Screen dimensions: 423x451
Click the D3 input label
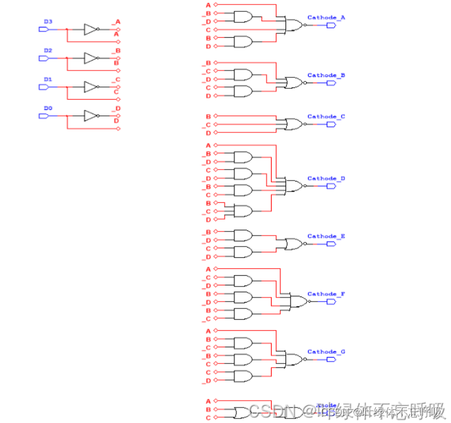pos(48,22)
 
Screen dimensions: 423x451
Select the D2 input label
pos(48,50)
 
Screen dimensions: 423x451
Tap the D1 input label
pos(48,79)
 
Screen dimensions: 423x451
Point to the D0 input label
pos(48,108)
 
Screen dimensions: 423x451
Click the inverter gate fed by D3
pos(91,29)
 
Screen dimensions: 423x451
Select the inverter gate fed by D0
pos(91,116)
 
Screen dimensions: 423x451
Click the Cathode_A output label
pos(326,18)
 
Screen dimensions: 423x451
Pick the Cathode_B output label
pos(326,75)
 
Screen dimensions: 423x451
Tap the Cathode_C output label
pos(326,116)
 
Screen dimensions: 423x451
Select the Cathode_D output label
pos(326,178)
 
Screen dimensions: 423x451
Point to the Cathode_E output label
pos(326,236)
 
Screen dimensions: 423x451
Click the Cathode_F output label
pos(326,294)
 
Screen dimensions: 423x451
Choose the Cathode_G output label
pos(326,352)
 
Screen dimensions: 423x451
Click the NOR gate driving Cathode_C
pos(294,124)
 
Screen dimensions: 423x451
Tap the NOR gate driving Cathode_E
pos(294,244)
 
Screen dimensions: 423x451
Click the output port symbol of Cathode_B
pos(331,83)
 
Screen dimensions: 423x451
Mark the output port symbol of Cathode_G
pos(331,360)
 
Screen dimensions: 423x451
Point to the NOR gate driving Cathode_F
pos(298,302)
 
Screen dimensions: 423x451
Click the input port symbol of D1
pos(43,87)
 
